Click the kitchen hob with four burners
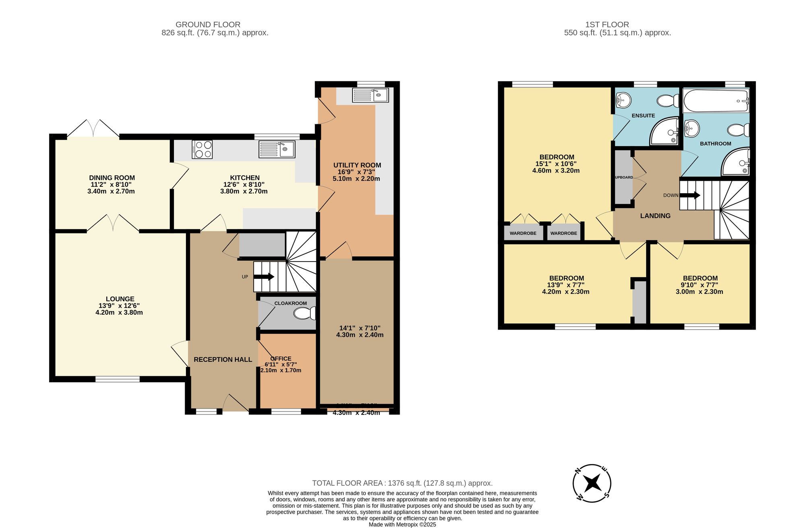click(202, 149)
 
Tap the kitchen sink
click(277, 149)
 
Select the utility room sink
click(370, 95)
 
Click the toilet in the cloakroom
click(305, 313)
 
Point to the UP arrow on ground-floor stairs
click(264, 277)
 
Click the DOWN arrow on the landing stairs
click(690, 195)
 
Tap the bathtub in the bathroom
click(715, 101)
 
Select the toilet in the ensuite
click(668, 101)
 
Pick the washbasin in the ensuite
click(623, 100)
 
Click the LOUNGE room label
click(120, 299)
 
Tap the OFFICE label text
click(281, 359)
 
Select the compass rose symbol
click(592, 483)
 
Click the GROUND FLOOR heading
click(208, 25)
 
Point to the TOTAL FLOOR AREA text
click(402, 483)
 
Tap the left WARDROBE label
click(523, 233)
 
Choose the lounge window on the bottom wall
click(118, 379)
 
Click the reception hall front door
click(236, 404)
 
